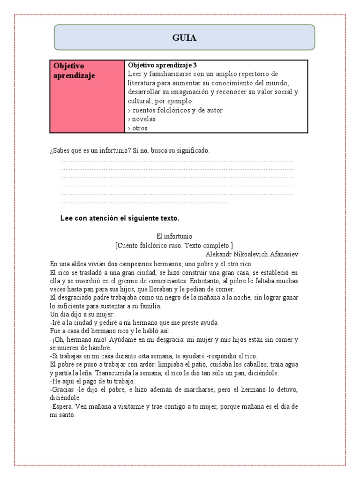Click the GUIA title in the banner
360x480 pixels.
pos(184,38)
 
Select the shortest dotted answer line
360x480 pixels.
pos(145,202)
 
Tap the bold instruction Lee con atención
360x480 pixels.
pos(120,218)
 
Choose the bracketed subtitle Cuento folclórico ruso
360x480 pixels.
pos(174,245)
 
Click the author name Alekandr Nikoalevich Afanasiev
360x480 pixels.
pos(252,254)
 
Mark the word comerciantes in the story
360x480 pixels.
pos(185,281)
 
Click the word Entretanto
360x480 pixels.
pos(221,281)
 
